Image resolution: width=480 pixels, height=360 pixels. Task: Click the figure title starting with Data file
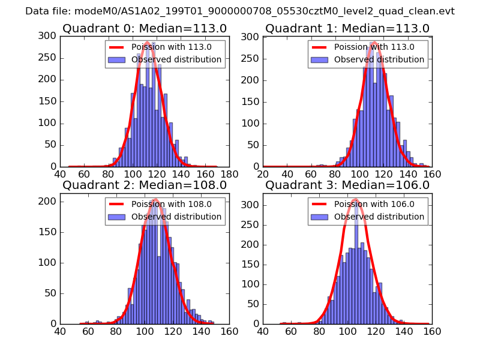tap(240, 11)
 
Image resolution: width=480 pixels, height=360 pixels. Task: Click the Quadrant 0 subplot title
tap(144, 28)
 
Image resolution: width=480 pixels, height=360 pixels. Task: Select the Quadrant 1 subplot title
tap(347, 28)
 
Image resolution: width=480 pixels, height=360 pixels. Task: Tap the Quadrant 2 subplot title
tap(144, 185)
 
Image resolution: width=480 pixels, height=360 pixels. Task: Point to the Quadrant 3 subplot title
tap(347, 185)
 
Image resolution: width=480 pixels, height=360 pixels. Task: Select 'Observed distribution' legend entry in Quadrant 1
tap(379, 59)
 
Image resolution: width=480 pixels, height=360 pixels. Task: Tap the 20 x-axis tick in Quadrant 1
tap(263, 174)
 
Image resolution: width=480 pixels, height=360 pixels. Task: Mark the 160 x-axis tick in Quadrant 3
tap(432, 331)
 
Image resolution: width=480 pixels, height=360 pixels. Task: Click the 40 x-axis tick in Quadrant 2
tap(60, 331)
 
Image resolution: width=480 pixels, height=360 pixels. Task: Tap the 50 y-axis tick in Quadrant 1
tap(252, 145)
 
